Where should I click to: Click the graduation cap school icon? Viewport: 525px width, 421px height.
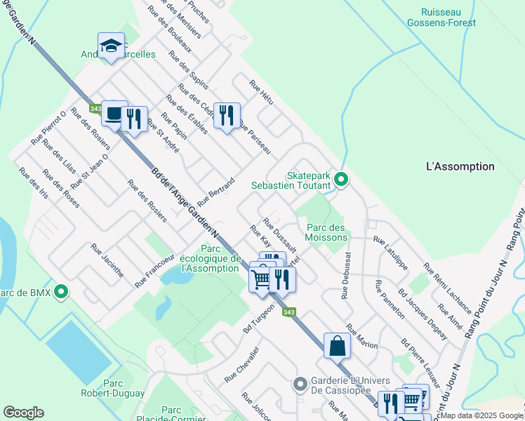coord(111,46)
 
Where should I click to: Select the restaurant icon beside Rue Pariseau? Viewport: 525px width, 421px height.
coord(227,116)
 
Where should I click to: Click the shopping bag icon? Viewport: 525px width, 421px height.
coord(338,346)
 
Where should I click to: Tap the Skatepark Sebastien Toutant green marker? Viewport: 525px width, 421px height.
coord(340,180)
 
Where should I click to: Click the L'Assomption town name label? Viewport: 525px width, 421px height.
coord(460,166)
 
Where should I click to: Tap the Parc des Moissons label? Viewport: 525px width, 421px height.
coord(327,232)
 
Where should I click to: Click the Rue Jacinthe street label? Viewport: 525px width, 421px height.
coord(107,260)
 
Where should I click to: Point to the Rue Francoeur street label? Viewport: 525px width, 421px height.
coord(154,270)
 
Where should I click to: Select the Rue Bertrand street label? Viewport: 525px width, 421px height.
coord(215,192)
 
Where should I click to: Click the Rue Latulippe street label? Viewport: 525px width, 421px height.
coord(390,253)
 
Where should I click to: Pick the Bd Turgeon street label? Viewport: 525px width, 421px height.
coord(258,319)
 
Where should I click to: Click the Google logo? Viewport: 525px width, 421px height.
coord(23,412)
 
